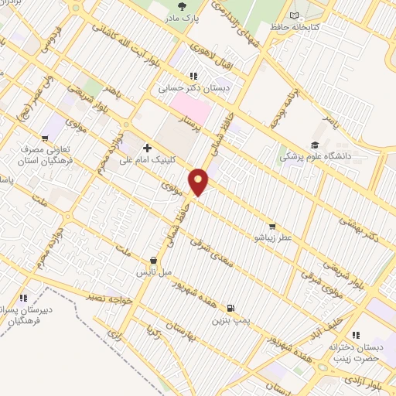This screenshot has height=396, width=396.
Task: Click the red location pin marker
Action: [199, 180]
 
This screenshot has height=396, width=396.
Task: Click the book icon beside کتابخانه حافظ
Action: [294, 15]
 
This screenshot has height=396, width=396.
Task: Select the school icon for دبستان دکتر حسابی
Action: [193, 76]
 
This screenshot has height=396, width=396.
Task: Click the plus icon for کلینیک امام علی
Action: [146, 147]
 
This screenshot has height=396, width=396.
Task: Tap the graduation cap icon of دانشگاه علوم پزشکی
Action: [314, 145]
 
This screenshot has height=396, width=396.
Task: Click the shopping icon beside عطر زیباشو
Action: [272, 218]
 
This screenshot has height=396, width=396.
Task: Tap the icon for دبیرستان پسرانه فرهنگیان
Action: [24, 297]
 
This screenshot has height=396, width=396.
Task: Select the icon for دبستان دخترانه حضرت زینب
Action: [356, 335]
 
